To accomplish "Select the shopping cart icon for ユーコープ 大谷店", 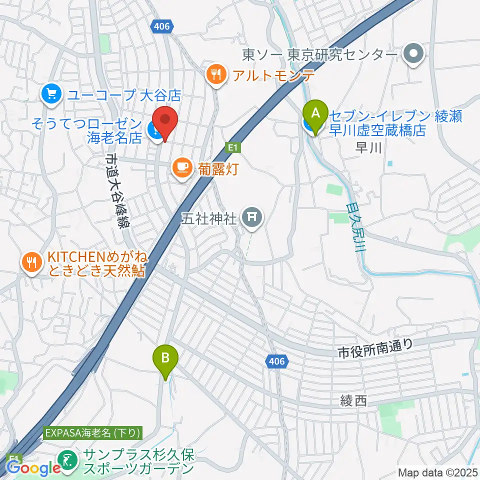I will coord(52,93).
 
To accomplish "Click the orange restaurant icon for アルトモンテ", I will coord(216,75).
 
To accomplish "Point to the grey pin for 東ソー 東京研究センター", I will coord(414,53).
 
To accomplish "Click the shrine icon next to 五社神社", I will coord(251,217).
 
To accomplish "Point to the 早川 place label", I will coord(368,147).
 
